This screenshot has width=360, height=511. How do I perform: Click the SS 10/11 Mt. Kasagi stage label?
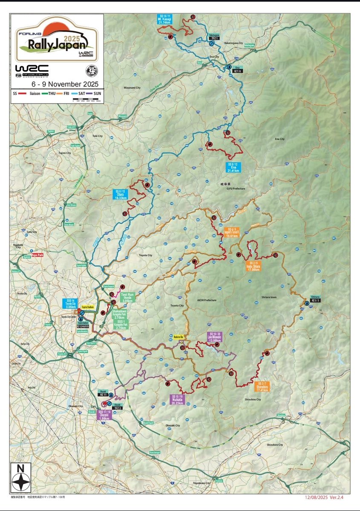click(164, 19)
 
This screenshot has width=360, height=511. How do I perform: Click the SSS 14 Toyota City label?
click(71, 304)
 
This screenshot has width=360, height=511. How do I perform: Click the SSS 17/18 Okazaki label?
click(105, 415)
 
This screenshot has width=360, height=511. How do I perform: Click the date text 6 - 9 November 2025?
click(62, 83)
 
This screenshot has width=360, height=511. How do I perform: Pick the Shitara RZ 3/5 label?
click(315, 300)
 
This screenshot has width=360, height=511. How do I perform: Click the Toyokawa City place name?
click(202, 484)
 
